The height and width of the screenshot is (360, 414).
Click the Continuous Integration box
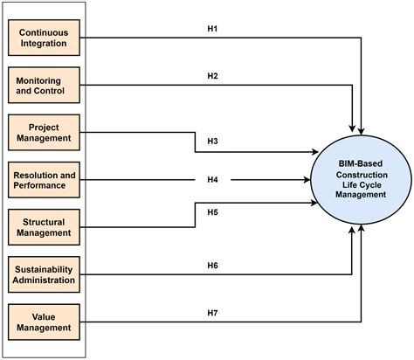click(44, 38)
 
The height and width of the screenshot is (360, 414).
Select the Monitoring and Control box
click(44, 85)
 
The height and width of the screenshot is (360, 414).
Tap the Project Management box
click(44, 133)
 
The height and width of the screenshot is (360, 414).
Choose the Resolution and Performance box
click(44, 180)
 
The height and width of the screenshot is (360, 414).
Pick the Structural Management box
click(44, 227)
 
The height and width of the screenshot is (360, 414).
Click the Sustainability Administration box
click(44, 274)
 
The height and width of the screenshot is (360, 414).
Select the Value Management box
click(44, 322)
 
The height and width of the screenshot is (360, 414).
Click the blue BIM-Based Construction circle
click(361, 180)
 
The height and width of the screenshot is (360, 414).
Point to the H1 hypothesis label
click(212, 29)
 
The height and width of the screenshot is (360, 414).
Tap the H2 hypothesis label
click(212, 76)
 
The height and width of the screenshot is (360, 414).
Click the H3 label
click(212, 142)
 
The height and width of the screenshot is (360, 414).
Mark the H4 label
click(212, 180)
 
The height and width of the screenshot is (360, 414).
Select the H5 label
click(212, 212)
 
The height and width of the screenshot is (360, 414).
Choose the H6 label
click(212, 266)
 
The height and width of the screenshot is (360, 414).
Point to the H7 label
click(212, 313)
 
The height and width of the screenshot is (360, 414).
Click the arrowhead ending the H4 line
click(307, 180)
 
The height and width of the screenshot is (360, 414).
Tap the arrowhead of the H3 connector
click(314, 152)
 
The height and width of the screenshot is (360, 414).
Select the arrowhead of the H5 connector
click(314, 203)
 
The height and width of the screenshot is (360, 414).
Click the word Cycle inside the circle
click(369, 185)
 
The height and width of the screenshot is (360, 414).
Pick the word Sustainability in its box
click(44, 269)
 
